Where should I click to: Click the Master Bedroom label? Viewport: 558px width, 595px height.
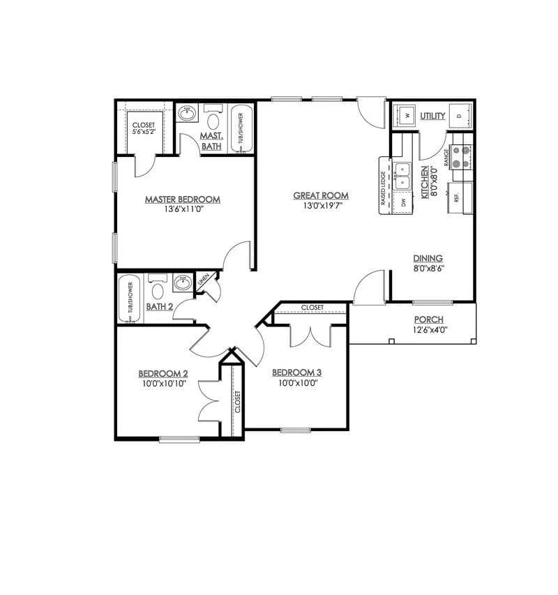pyautogui.click(x=182, y=199)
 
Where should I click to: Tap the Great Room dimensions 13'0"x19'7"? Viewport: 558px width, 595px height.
pyautogui.click(x=320, y=206)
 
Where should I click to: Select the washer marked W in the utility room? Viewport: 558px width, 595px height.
pyautogui.click(x=406, y=114)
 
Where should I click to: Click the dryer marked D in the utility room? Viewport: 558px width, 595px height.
pyautogui.click(x=459, y=115)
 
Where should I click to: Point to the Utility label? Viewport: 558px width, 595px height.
pyautogui.click(x=432, y=116)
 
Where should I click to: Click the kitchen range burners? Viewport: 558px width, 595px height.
pyautogui.click(x=461, y=157)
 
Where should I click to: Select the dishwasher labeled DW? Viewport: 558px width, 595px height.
pyautogui.click(x=403, y=203)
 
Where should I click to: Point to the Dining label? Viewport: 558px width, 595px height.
pyautogui.click(x=428, y=258)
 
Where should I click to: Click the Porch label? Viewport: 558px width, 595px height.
pyautogui.click(x=428, y=319)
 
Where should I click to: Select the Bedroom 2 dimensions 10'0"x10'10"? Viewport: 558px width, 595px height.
pyautogui.click(x=163, y=383)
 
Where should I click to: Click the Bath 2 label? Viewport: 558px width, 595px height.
pyautogui.click(x=159, y=307)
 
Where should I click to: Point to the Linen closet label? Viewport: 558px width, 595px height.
pyautogui.click(x=204, y=280)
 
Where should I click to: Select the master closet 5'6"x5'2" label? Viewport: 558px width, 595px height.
pyautogui.click(x=144, y=130)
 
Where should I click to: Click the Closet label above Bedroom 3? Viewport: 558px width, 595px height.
pyautogui.click(x=312, y=308)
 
